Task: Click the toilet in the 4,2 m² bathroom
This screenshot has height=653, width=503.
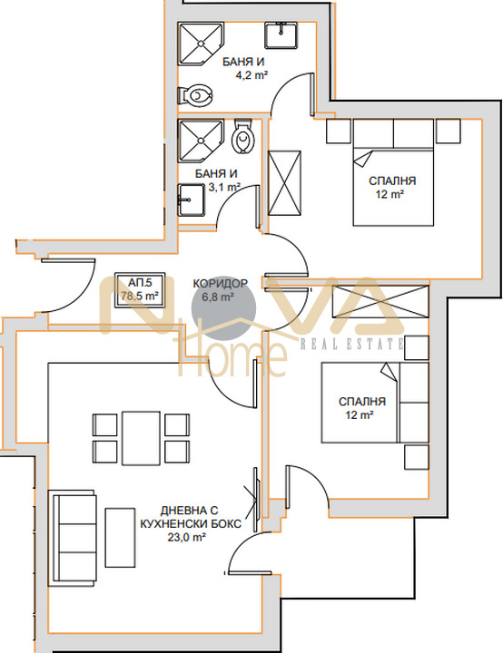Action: (194, 95)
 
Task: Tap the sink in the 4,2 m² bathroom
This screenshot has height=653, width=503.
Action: (281, 35)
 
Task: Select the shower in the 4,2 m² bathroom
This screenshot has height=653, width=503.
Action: (201, 44)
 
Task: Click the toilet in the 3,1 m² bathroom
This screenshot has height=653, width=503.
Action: (242, 136)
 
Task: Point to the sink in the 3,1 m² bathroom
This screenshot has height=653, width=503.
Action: (192, 200)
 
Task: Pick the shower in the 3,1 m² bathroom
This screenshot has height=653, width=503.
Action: (201, 141)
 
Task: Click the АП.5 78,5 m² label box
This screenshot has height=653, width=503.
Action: (139, 290)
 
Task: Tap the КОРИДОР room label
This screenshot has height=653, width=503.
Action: (220, 284)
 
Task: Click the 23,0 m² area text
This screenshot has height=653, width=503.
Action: (186, 537)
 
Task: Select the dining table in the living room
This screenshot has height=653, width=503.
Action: (141, 438)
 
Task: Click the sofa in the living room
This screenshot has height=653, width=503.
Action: (72, 538)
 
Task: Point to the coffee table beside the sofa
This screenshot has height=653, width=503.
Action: (120, 537)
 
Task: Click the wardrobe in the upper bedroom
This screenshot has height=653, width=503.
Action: (284, 183)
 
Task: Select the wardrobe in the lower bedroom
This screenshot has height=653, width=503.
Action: (380, 301)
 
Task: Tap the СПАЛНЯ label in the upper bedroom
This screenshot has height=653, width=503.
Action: (392, 180)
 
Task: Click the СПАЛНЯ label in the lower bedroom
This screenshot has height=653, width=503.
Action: (361, 402)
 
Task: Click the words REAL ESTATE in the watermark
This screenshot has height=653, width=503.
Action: (351, 344)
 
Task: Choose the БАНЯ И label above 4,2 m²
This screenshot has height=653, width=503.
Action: (243, 62)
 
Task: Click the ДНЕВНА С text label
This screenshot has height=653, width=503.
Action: (190, 511)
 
